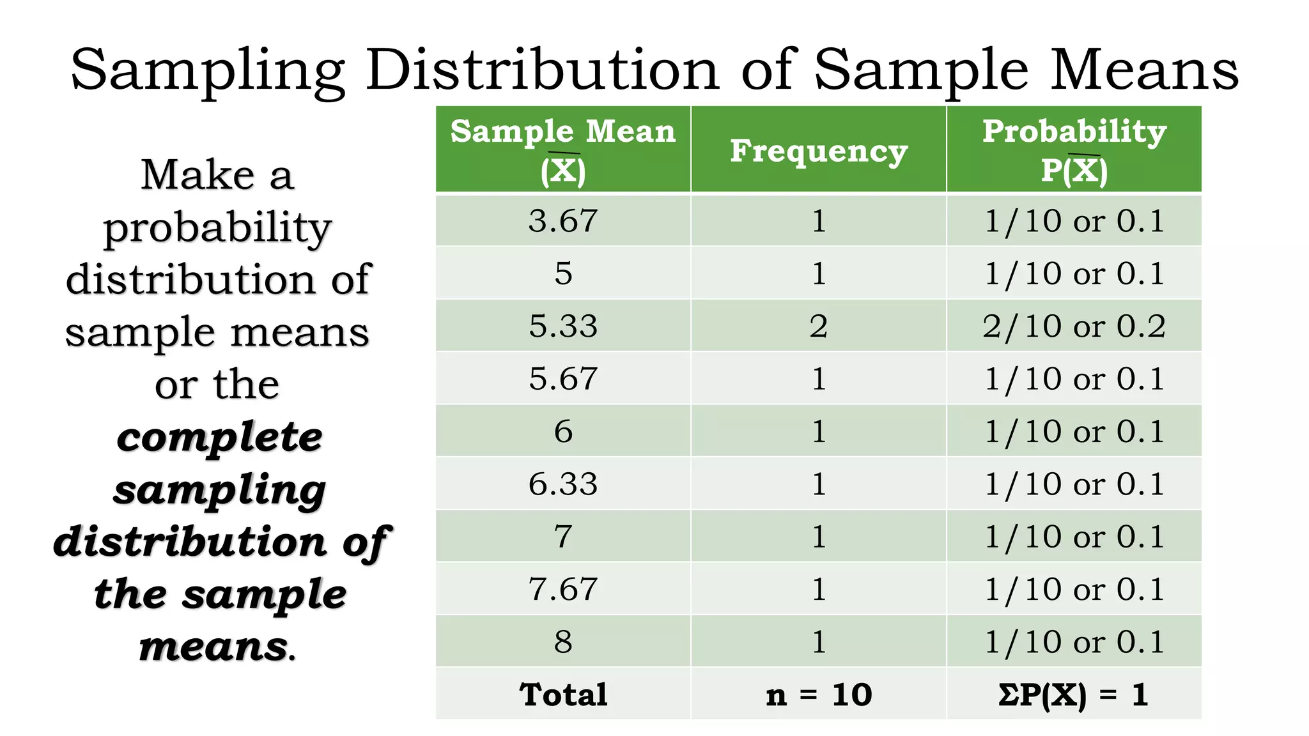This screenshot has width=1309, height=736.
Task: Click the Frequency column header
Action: coord(819,151)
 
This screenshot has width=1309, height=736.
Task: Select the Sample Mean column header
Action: coord(562,150)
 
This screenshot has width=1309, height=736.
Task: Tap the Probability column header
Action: coord(1074,150)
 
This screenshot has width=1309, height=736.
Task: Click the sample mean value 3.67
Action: coord(563,221)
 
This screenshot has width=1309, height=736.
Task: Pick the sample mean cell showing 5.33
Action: coord(563,326)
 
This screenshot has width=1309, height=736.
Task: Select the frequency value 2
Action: coord(819,326)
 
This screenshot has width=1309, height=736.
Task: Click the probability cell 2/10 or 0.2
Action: coord(1074,326)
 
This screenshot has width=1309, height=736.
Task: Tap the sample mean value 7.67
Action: coord(563,589)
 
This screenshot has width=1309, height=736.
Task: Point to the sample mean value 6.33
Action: coord(563,484)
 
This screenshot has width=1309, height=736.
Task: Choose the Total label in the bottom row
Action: coord(563,694)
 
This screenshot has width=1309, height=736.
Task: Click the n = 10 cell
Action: coord(819,694)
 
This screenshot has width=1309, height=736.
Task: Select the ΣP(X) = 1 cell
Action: coord(1074,694)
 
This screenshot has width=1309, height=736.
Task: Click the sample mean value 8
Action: coord(563,641)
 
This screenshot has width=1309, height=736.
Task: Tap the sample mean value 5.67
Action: coord(563,379)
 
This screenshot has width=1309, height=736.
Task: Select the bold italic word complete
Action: coord(219,438)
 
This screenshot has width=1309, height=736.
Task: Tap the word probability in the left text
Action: coord(217,228)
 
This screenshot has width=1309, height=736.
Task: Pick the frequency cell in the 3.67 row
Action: coord(819,221)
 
